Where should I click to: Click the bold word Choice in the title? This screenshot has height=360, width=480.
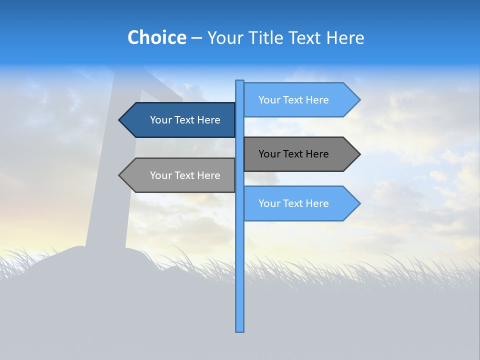click(156, 37)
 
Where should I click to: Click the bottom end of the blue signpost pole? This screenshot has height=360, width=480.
click(240, 330)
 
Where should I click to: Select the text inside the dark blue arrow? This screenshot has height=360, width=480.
click(185, 120)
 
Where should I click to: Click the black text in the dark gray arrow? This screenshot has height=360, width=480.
click(293, 154)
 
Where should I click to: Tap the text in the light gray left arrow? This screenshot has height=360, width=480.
click(185, 175)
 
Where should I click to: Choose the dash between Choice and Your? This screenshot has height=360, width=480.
click(196, 38)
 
